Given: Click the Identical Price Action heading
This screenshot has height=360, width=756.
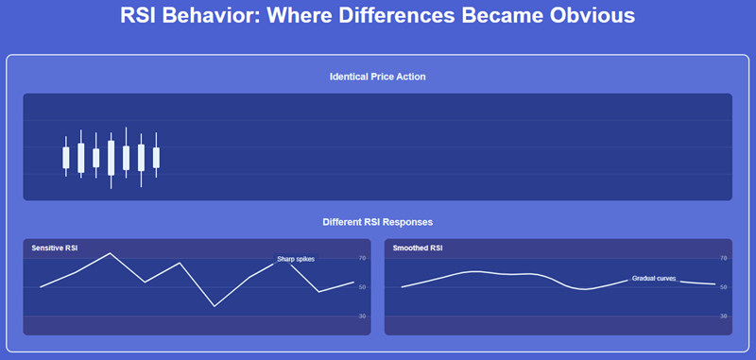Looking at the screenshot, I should pyautogui.click(x=377, y=77).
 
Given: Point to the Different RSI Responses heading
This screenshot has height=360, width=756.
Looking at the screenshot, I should pyautogui.click(x=377, y=222).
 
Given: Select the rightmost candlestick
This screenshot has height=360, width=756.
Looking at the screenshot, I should pyautogui.click(x=156, y=156).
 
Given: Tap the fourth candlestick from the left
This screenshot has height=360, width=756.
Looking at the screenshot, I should pyautogui.click(x=112, y=158).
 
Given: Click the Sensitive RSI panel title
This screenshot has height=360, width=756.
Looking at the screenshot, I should pyautogui.click(x=55, y=249).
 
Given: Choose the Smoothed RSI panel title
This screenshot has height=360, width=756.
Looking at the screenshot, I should pyautogui.click(x=418, y=249).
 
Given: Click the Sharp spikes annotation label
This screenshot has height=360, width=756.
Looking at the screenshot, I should pyautogui.click(x=296, y=258).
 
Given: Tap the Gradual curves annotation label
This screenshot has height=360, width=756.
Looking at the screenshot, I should pyautogui.click(x=654, y=279).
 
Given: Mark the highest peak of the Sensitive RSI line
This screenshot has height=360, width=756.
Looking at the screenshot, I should pyautogui.click(x=111, y=253).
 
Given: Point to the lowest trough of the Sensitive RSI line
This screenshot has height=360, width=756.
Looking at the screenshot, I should pyautogui.click(x=215, y=306).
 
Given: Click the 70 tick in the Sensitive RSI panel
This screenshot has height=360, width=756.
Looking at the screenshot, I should pyautogui.click(x=363, y=258).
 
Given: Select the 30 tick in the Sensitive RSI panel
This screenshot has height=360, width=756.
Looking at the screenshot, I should pyautogui.click(x=363, y=316).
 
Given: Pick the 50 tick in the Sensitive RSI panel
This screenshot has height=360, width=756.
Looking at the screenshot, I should pyautogui.click(x=363, y=287).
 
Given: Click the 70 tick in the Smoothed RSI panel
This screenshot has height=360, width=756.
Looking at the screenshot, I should pyautogui.click(x=724, y=258).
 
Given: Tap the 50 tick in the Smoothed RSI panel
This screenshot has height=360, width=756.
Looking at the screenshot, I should pyautogui.click(x=724, y=287).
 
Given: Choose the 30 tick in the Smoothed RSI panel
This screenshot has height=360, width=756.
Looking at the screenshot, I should pyautogui.click(x=724, y=316).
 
